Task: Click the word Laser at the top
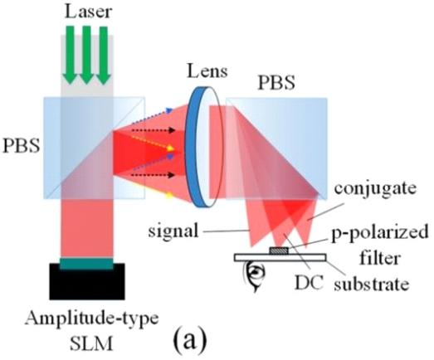[x=88, y=12]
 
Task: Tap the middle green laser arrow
[x=86, y=55]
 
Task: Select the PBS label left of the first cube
[x=21, y=145]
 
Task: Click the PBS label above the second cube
[x=276, y=82]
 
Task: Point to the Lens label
[x=207, y=71]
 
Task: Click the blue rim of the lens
[x=196, y=147]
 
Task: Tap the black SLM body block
[x=87, y=281]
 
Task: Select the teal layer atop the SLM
[x=86, y=264]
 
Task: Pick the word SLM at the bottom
[x=91, y=343]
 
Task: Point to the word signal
[x=173, y=231]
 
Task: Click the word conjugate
[x=375, y=189]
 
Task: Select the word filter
[x=380, y=258]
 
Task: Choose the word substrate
[x=371, y=284]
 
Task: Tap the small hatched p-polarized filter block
[x=280, y=251]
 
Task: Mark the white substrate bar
[x=280, y=257]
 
